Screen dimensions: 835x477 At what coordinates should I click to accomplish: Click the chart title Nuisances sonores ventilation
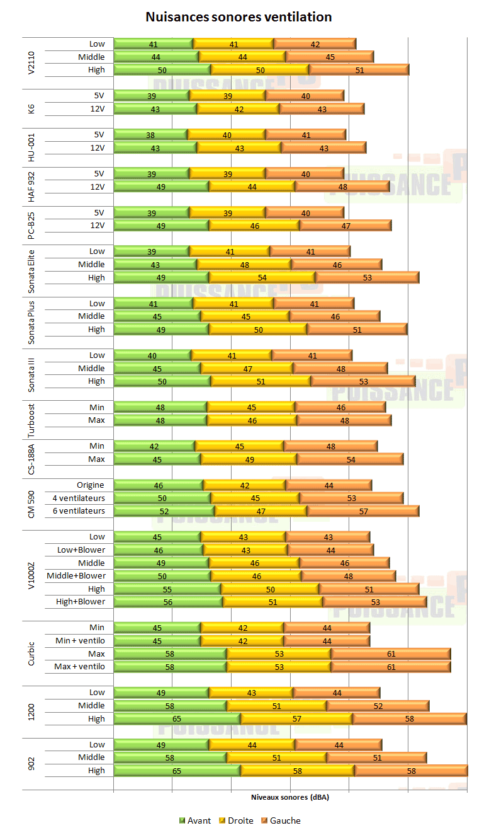point(239,17)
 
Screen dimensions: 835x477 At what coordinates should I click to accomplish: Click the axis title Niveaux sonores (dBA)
point(290,797)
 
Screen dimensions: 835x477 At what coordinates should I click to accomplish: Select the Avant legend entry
point(195,821)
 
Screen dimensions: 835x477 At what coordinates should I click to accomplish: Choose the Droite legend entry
point(236,821)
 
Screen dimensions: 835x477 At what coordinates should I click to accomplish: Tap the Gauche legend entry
point(281,821)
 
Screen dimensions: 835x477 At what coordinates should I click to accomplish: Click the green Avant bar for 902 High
point(177,771)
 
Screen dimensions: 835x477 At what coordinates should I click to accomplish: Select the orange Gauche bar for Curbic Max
point(391,654)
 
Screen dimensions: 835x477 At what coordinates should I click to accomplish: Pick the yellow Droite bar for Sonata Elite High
point(262,277)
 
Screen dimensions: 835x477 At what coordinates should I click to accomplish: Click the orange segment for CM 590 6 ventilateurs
point(363,511)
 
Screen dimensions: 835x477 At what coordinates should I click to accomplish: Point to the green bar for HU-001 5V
point(150,135)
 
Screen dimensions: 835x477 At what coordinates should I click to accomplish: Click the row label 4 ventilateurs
point(79,498)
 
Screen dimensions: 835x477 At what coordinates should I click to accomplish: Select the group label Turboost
point(32,413)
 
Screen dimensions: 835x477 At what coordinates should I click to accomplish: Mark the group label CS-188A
point(32,452)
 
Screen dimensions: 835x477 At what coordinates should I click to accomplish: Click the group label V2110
point(32,57)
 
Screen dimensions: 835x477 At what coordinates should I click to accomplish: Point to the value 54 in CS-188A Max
point(351,459)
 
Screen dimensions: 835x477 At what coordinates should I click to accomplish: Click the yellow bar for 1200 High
point(297,719)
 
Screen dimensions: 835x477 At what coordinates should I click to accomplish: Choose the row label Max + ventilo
point(79,667)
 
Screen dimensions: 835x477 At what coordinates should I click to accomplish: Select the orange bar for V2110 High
point(359,70)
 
